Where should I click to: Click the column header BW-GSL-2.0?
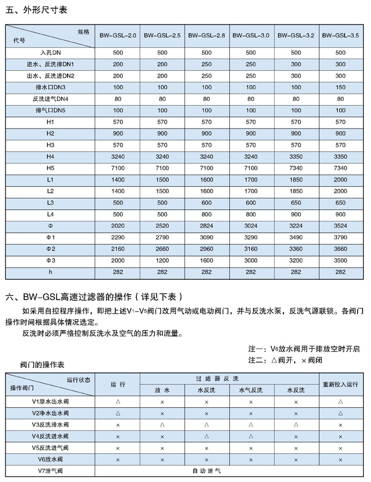click(x=117, y=36)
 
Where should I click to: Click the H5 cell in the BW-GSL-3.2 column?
click(x=296, y=168)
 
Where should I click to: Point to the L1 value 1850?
click(x=296, y=180)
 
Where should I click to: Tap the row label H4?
click(x=50, y=156)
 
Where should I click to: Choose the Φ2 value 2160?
click(x=117, y=249)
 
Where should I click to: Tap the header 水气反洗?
click(x=251, y=390)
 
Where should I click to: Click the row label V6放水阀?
click(x=50, y=459)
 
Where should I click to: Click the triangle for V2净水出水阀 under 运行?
click(x=117, y=413)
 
